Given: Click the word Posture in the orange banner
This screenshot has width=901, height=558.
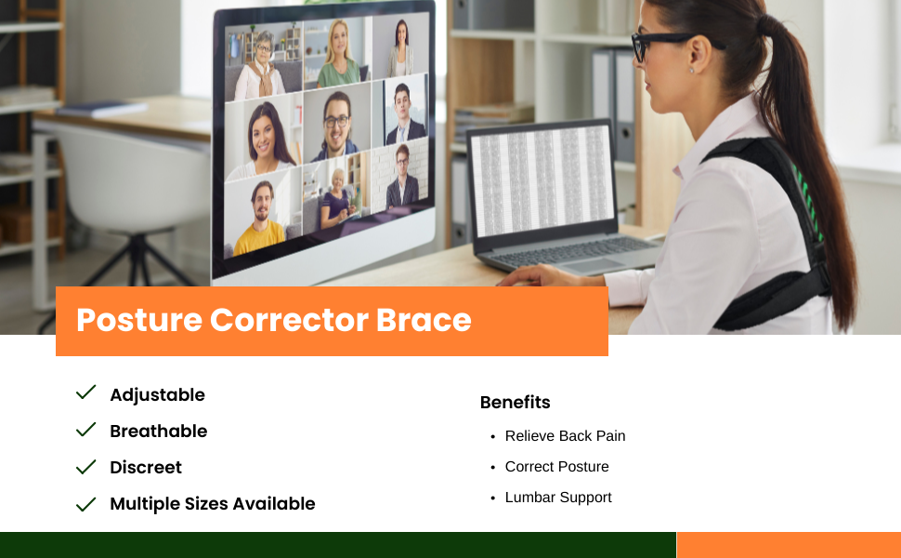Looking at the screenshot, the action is pos(139,321).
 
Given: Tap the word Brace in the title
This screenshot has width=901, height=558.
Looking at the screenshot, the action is pos(424,320).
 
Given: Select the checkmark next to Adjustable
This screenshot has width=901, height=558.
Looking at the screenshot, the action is pos(85,392).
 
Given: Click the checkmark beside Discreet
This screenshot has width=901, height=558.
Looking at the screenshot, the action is pos(85,467).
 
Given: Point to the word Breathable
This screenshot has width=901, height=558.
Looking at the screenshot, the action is pos(159,431).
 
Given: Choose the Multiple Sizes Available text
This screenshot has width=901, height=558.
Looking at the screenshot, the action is pos(213,503).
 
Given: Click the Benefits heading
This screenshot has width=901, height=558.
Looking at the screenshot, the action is pos(515,402).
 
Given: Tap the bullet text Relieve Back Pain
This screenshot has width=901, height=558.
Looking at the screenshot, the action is pos(565,436).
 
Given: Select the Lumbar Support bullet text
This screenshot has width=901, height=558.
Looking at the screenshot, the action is pos(558,498).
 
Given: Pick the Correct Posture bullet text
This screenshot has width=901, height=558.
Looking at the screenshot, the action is pos(556,467).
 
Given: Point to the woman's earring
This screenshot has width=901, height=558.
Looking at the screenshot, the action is pos(691,71).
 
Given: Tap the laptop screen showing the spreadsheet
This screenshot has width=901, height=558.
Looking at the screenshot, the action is pos(541,180).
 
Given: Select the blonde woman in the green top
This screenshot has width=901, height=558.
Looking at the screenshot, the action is pos(339,55).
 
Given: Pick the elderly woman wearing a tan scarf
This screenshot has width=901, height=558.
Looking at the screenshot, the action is pos(260,66).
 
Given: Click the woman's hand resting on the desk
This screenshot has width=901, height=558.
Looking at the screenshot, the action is pos(531,276).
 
